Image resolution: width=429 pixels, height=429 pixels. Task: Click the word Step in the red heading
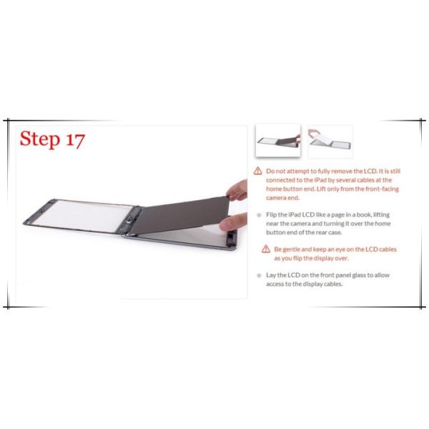click(x=40, y=139)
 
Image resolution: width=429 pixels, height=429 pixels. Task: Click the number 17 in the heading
click(x=74, y=139)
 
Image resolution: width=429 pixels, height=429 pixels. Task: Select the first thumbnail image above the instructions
click(x=278, y=141)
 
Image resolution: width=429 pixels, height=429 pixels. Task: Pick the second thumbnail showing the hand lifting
click(x=330, y=141)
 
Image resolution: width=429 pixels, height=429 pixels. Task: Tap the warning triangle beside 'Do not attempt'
click(x=258, y=172)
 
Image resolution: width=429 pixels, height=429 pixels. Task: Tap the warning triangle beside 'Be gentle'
click(x=267, y=248)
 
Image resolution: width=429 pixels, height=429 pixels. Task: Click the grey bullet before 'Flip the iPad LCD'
click(x=258, y=214)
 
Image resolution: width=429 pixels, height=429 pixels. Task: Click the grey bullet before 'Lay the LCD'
click(x=258, y=275)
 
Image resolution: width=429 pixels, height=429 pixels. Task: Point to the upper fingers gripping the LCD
click(x=239, y=190)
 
